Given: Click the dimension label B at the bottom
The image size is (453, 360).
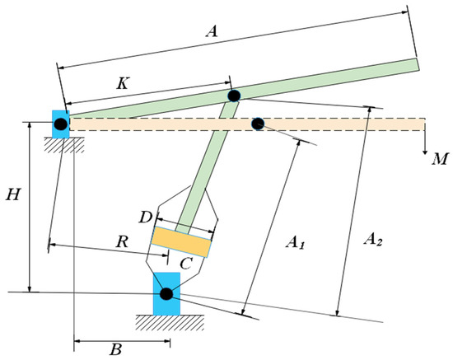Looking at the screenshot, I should (116, 349).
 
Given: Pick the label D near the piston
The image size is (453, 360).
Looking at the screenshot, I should (144, 217).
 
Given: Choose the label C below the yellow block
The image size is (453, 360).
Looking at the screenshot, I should (186, 264).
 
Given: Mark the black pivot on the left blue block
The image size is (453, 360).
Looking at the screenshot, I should (61, 125).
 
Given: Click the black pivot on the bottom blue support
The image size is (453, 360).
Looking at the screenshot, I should (166, 293).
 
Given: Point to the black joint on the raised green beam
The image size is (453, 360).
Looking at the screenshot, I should (234, 96).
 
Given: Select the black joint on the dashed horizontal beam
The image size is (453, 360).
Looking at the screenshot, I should (258, 124).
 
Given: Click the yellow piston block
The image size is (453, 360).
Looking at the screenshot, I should (181, 242).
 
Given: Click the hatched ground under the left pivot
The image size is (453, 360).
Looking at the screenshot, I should (61, 146).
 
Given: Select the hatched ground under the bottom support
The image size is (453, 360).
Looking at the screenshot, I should (166, 323).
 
